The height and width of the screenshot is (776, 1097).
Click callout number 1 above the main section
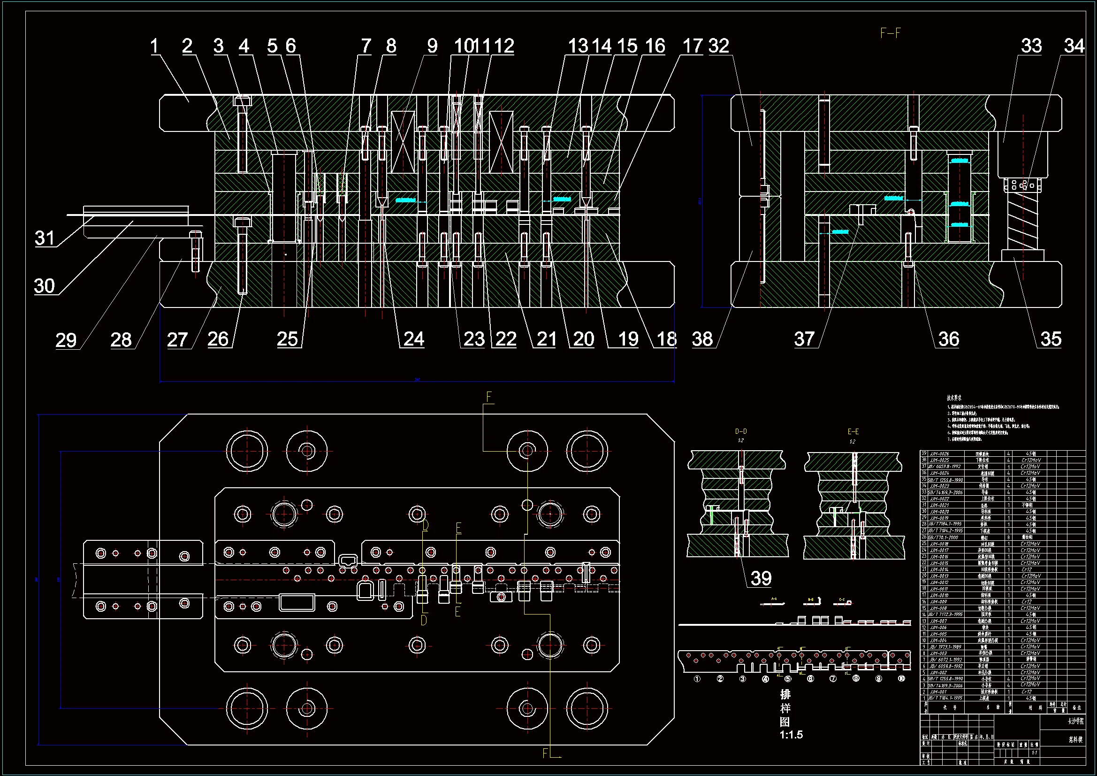pyautogui.click(x=154, y=46)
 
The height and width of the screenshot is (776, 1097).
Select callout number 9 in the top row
pyautogui.click(x=432, y=46)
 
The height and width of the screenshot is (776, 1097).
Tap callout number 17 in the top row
pyautogui.click(x=693, y=46)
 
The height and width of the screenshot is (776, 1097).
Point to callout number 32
pyautogui.click(x=719, y=46)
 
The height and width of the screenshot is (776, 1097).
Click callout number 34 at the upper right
pyautogui.click(x=1074, y=46)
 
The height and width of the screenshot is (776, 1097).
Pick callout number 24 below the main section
pyautogui.click(x=414, y=339)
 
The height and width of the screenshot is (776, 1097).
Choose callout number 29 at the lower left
pyautogui.click(x=66, y=340)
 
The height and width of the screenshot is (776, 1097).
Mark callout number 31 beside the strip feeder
pyautogui.click(x=45, y=238)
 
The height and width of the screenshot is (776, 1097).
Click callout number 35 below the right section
pyautogui.click(x=1051, y=339)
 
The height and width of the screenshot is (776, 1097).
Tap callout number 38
pyautogui.click(x=702, y=339)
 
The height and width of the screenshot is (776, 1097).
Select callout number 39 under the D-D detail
pyautogui.click(x=761, y=578)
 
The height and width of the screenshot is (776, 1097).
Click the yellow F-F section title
pyautogui.click(x=891, y=33)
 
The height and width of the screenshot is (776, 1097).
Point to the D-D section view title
pyautogui.click(x=740, y=431)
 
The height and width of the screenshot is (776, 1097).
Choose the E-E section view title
pyautogui.click(x=853, y=431)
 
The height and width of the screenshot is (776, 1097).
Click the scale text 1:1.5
pyautogui.click(x=791, y=735)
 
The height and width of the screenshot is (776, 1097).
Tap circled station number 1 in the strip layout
pyautogui.click(x=697, y=679)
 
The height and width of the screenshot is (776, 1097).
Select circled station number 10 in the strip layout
pyautogui.click(x=901, y=679)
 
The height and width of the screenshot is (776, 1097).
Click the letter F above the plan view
pyautogui.click(x=489, y=397)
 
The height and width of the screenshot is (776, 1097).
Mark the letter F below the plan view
pyautogui.click(x=545, y=753)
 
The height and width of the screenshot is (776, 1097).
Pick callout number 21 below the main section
pyautogui.click(x=547, y=339)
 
